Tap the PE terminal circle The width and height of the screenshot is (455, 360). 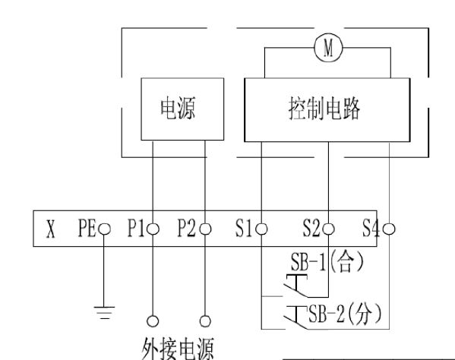[x=104, y=229]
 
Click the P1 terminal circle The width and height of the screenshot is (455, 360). [x=153, y=229]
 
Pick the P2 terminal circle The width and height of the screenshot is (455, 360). [x=205, y=229]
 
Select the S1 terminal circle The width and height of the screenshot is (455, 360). [x=261, y=229]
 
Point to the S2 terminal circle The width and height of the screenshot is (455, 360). [x=328, y=229]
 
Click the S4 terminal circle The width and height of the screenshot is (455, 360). [x=389, y=229]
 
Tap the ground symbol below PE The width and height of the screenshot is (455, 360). [x=104, y=312]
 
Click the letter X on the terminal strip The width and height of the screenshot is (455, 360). [x=51, y=229]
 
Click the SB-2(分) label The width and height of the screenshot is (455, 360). [x=345, y=314]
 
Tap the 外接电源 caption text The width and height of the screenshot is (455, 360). [x=178, y=349]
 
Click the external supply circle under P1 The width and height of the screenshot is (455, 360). [x=153, y=321]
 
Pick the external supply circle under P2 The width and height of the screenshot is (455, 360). [x=205, y=321]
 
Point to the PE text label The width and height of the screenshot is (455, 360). [x=87, y=228]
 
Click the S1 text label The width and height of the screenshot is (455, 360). [x=244, y=228]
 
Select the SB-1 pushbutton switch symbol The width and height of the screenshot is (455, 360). [x=296, y=286]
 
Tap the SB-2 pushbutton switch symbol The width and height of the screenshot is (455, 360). [x=296, y=317]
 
